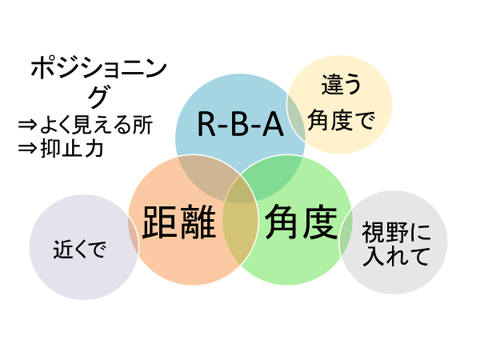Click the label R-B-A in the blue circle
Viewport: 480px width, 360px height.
(x=241, y=124)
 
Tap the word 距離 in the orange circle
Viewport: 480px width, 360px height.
(x=180, y=222)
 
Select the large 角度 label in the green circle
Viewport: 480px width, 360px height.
(x=301, y=222)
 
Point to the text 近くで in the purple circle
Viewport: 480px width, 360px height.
(x=80, y=249)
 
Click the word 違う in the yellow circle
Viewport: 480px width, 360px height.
(x=341, y=84)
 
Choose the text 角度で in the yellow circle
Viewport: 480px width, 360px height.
(x=341, y=120)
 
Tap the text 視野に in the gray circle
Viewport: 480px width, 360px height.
(x=396, y=232)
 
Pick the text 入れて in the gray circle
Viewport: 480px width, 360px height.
(x=396, y=256)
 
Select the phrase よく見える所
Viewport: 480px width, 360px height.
(x=96, y=125)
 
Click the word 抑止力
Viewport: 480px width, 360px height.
(x=72, y=149)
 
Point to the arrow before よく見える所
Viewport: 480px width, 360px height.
(x=27, y=125)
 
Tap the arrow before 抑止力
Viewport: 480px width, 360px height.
(x=27, y=149)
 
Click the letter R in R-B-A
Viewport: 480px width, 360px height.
(x=207, y=124)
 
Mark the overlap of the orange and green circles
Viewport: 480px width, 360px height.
(x=241, y=221)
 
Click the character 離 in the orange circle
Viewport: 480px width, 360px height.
(x=198, y=222)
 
